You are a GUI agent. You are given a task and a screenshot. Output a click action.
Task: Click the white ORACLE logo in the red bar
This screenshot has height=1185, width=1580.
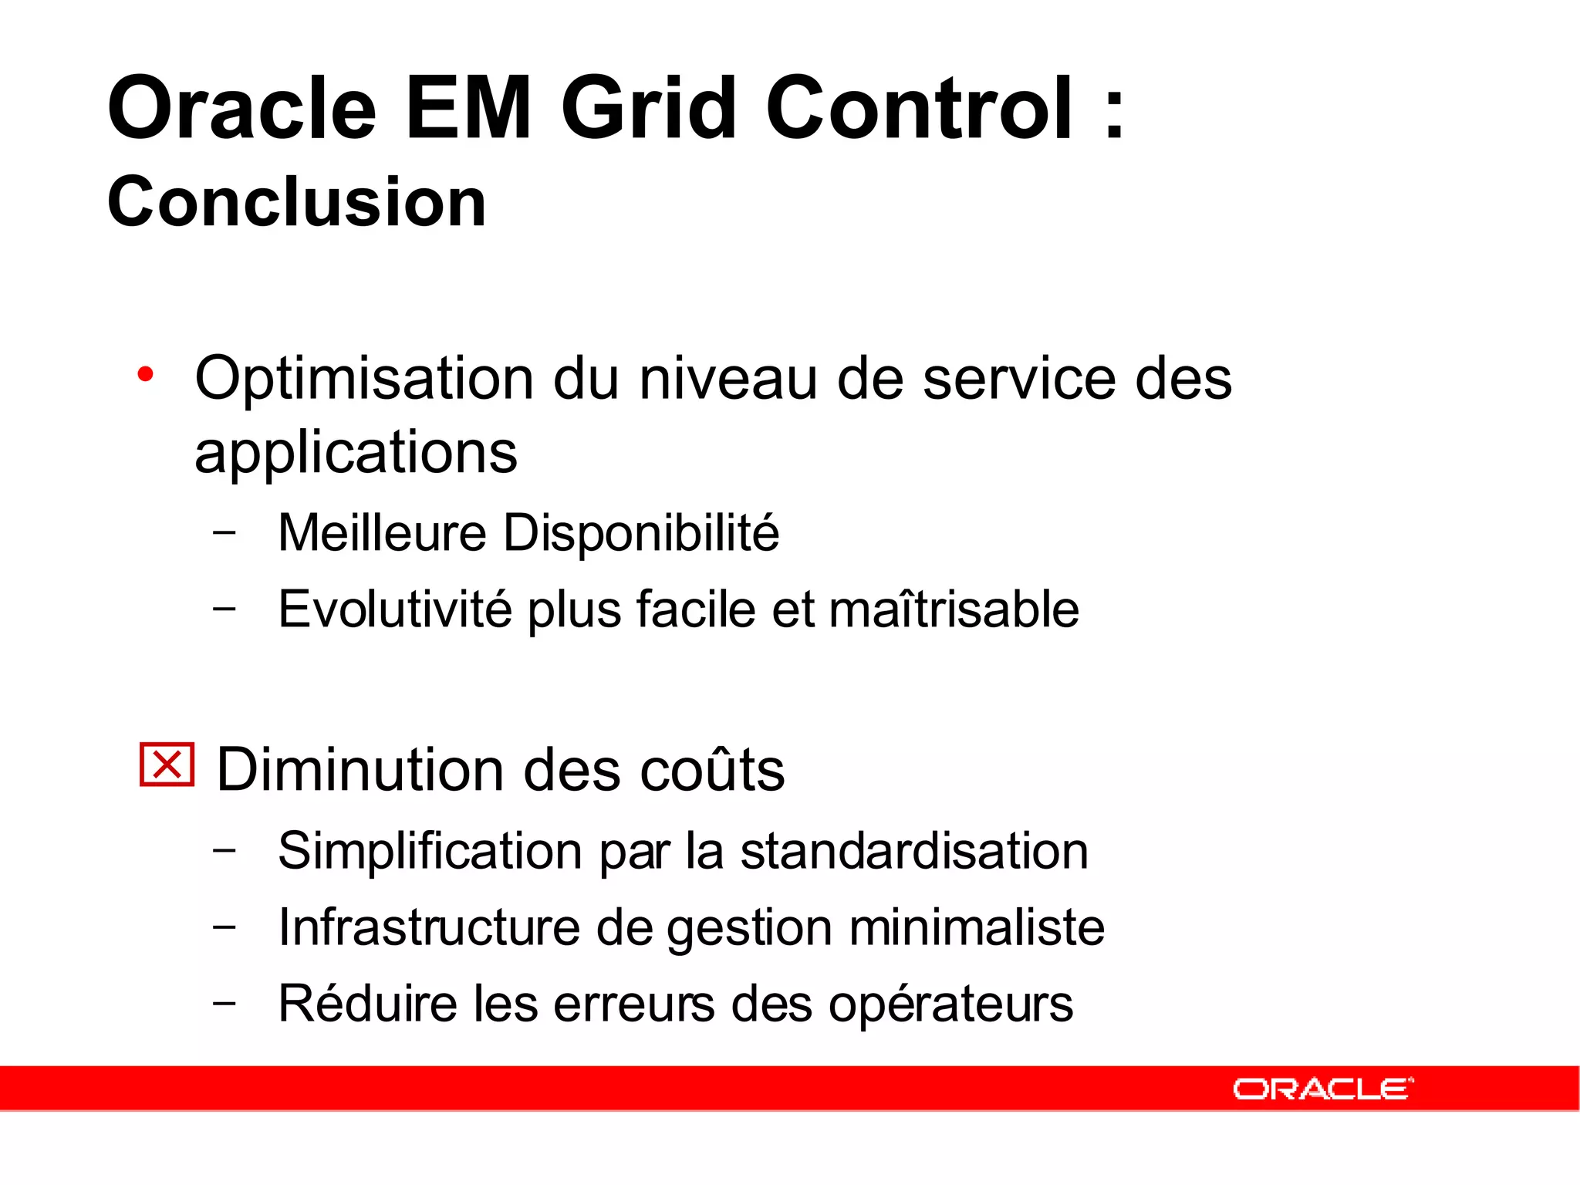(1322, 1089)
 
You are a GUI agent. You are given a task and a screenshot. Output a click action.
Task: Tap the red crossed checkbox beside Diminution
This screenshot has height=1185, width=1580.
(167, 765)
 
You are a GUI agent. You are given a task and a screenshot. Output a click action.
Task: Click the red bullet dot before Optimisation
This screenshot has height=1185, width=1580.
(145, 375)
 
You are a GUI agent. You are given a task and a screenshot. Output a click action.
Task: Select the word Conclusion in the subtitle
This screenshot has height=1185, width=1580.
(297, 201)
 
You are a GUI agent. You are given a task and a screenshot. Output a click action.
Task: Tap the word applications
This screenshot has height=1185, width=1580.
(356, 453)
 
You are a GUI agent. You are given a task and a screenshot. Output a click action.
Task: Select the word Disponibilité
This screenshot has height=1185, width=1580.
(641, 532)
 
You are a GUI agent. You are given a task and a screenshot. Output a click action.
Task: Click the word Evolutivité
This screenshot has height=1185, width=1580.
(394, 609)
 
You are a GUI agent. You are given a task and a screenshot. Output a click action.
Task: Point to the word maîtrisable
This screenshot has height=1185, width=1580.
(954, 609)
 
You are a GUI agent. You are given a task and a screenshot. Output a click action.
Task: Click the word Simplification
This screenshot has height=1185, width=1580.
(430, 851)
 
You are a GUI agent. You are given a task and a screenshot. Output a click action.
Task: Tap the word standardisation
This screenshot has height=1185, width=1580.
(914, 851)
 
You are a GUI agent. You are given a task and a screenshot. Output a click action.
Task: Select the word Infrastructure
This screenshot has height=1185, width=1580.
(429, 927)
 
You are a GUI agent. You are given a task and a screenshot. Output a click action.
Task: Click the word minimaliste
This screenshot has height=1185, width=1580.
(977, 927)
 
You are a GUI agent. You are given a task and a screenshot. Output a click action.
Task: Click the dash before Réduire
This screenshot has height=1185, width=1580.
(225, 1003)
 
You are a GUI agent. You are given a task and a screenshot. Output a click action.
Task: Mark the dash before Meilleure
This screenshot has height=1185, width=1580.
(225, 532)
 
